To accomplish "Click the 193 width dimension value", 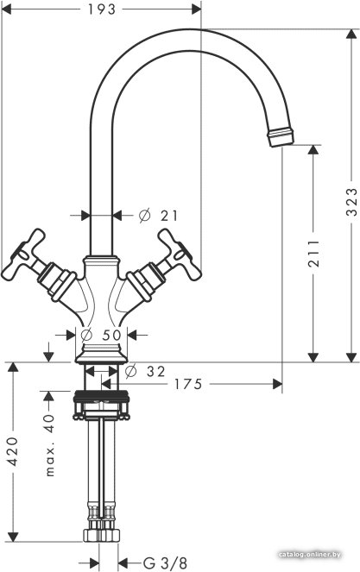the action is pos(102,9).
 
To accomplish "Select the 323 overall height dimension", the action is pos(351,202).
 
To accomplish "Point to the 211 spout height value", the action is pos(313,253).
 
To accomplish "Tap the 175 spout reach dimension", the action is pos(187,384).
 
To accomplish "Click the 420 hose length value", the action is pos(14,451).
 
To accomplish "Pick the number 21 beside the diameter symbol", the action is pos(169,216).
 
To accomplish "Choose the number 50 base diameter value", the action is pos(111,335).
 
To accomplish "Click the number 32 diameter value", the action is pos(156,372).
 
